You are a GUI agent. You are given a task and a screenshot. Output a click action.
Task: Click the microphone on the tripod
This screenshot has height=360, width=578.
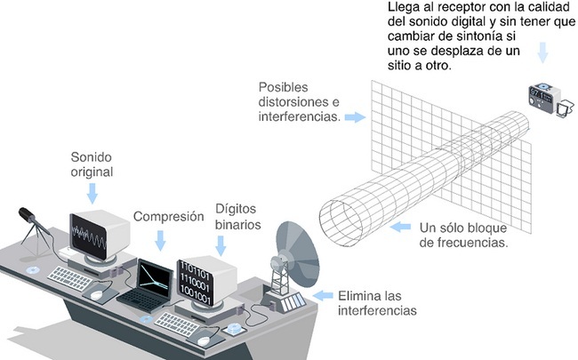click(27, 214)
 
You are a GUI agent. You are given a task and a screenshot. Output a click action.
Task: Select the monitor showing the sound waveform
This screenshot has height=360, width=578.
click(99, 236)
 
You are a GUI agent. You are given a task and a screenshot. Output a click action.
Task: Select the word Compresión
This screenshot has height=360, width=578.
click(168, 216)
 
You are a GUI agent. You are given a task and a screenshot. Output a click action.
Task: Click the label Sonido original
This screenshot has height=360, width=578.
click(92, 164)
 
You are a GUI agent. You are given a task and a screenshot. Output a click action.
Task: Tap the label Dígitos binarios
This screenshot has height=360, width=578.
click(238, 216)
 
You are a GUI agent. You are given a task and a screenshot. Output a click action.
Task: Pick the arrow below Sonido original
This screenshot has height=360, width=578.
click(92, 193)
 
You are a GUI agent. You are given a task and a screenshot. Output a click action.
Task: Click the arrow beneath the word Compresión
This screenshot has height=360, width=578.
click(160, 240)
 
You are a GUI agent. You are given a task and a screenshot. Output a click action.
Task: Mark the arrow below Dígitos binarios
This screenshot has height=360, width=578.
click(221, 245)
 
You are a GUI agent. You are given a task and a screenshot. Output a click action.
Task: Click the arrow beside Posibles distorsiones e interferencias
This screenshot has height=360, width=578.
click(355, 117)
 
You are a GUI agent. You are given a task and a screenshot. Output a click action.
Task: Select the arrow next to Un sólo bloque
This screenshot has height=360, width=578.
click(400, 227)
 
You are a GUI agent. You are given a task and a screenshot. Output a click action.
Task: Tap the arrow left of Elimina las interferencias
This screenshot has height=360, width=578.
click(323, 295)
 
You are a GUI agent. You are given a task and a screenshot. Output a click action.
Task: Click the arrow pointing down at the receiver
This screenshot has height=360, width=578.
click(542, 52)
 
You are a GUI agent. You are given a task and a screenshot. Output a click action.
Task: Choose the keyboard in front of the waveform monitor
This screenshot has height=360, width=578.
click(70, 278)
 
